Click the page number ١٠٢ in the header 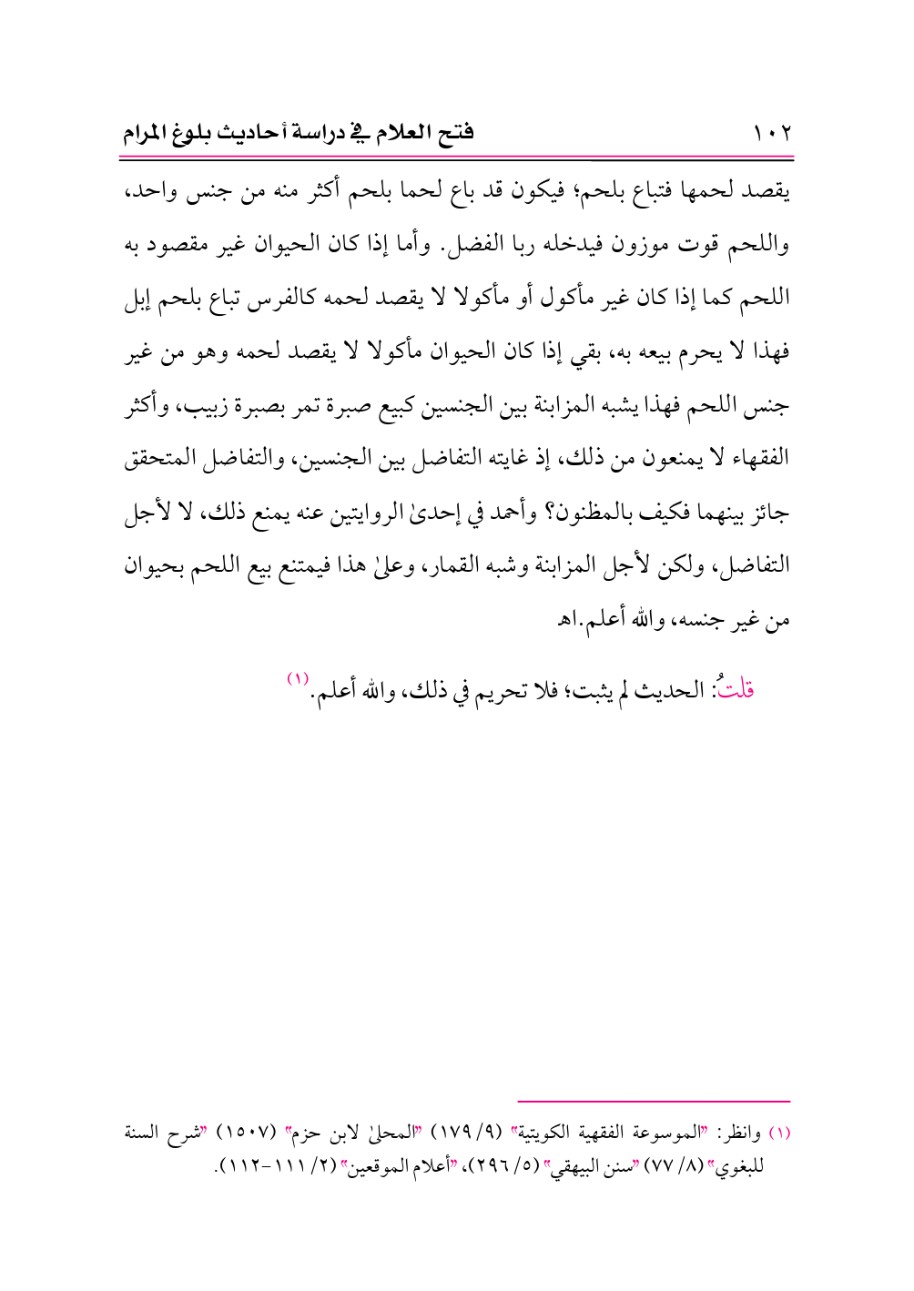(772, 134)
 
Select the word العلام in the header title (401, 133)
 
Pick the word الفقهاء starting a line (757, 458)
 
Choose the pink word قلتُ (736, 689)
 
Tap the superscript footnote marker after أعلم (299, 678)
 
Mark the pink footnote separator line (653, 1102)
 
